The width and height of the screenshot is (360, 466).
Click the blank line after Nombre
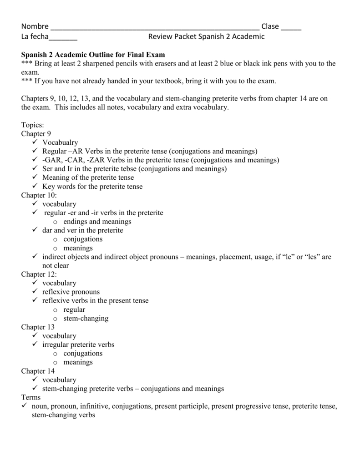[155, 27]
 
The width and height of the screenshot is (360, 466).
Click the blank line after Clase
[291, 27]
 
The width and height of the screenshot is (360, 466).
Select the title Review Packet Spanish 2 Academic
[206, 36]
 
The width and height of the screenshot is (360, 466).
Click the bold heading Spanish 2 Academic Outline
[93, 55]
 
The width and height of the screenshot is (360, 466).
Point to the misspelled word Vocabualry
[60, 142]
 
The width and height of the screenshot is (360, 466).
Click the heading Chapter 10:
[39, 195]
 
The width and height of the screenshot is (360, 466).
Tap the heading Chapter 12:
[39, 274]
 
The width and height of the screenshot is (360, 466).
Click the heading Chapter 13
[38, 327]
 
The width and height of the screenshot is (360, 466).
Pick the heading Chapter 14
[38, 371]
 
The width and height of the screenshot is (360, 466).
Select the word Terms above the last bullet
[31, 398]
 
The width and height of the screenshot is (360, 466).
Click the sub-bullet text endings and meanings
[97, 222]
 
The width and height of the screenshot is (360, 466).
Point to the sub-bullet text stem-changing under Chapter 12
[86, 319]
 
